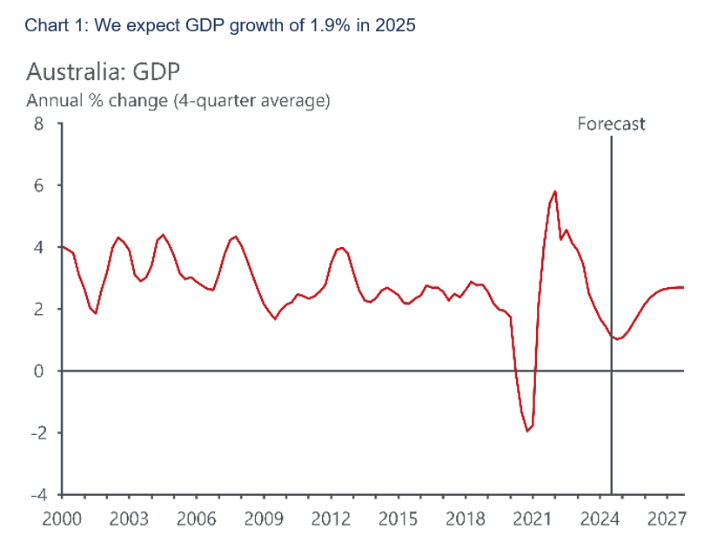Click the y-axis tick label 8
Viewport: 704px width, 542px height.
click(37, 124)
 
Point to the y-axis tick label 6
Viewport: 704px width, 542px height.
click(37, 185)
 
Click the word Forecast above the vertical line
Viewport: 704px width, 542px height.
click(611, 124)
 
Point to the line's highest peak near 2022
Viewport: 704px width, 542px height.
click(554, 191)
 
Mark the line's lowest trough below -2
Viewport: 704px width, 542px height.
click(527, 431)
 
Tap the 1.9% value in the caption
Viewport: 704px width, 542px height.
click(319, 25)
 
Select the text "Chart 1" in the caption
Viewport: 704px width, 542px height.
click(52, 25)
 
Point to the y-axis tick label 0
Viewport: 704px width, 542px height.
click(37, 371)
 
